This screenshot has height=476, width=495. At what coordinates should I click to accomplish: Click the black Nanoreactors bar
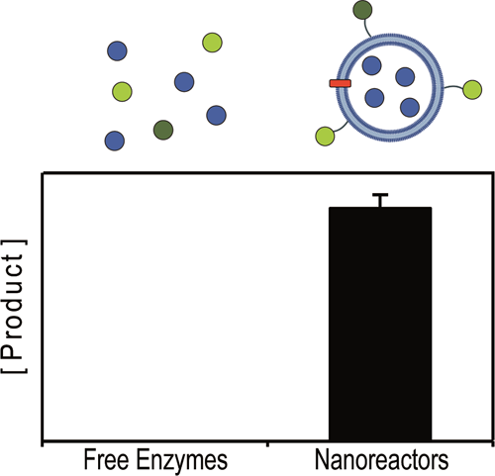pos(380,324)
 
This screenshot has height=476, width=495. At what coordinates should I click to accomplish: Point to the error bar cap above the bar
pos(381,195)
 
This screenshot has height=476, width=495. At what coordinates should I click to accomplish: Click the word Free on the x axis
pos(106,459)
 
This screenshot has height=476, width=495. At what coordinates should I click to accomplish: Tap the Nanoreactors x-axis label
pos(382,459)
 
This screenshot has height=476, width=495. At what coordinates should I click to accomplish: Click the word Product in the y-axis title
pos(14,307)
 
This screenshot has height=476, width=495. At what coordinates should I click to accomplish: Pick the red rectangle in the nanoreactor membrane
pos(341,83)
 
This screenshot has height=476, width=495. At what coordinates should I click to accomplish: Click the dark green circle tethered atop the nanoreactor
pos(362,10)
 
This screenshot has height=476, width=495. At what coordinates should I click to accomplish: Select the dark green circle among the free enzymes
pos(163,130)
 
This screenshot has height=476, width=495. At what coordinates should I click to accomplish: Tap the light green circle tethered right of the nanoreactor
pos(472,89)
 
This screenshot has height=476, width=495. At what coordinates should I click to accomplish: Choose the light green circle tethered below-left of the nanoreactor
pos(325,137)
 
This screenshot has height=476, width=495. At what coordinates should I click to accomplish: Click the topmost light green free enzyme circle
pos(212,43)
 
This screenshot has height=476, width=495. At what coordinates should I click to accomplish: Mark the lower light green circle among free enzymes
pos(122,91)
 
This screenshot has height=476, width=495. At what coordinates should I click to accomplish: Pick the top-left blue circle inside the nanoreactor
pos(371,65)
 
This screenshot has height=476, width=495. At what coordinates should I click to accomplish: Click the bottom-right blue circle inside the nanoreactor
pos(410,108)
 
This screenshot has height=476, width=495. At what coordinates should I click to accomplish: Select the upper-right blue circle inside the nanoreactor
pos(405,76)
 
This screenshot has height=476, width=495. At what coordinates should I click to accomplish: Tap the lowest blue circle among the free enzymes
pos(115,141)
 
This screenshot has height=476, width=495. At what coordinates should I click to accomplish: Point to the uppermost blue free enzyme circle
pos(117,50)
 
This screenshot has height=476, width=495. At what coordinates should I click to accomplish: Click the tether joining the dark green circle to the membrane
pos(366,28)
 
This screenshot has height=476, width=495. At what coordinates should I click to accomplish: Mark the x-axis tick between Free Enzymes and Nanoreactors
pos(267,444)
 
